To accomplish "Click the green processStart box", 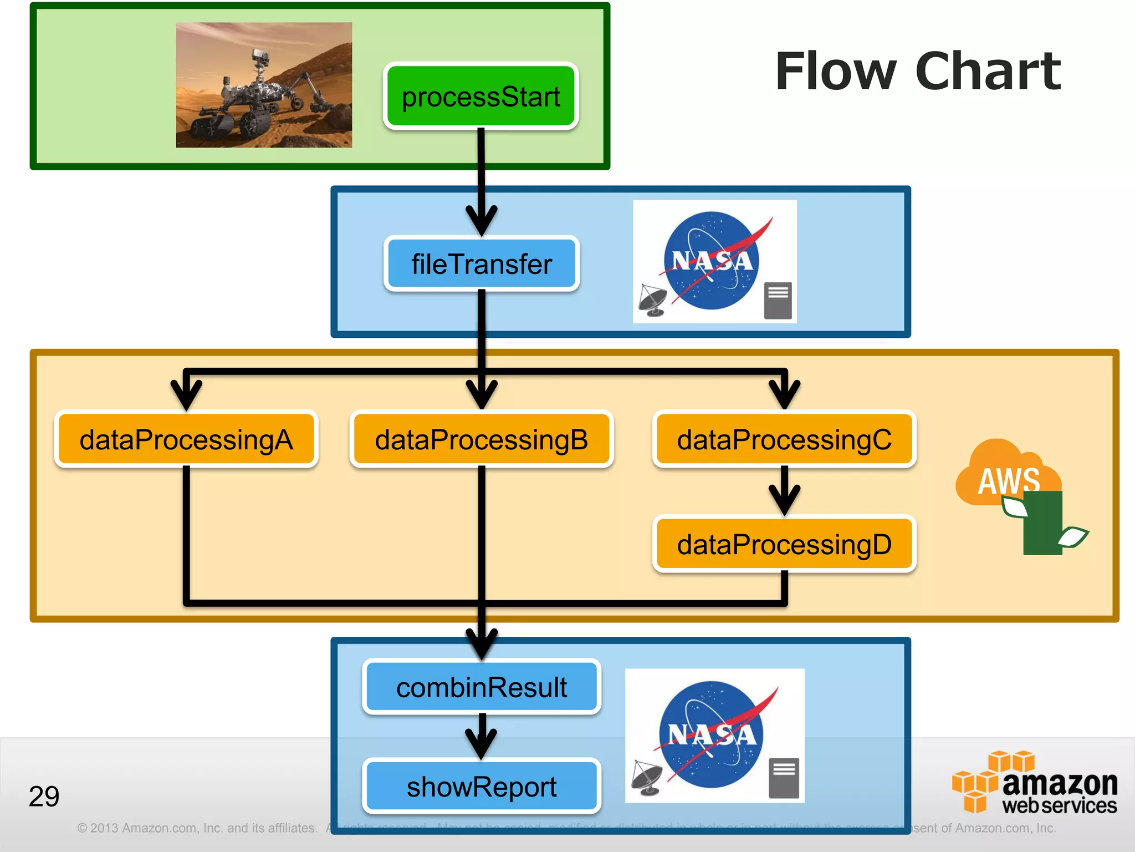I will tap(480, 97).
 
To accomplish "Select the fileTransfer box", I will tap(481, 263).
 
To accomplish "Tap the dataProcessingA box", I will tap(186, 439).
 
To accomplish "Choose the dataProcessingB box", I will tap(481, 439).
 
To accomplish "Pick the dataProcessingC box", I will tap(784, 439).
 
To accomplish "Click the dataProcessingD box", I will tap(784, 544).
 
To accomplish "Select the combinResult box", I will tap(481, 687).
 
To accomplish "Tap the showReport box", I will tap(481, 786).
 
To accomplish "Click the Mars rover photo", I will tap(264, 85).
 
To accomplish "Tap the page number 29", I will tap(44, 796).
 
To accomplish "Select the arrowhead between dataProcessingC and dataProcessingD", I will tap(784, 499).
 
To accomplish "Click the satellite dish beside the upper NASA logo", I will tap(653, 300).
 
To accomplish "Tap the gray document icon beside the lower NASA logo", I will tap(784, 778).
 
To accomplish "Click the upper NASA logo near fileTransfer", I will tap(712, 260).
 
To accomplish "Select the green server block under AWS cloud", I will tap(1042, 524).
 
